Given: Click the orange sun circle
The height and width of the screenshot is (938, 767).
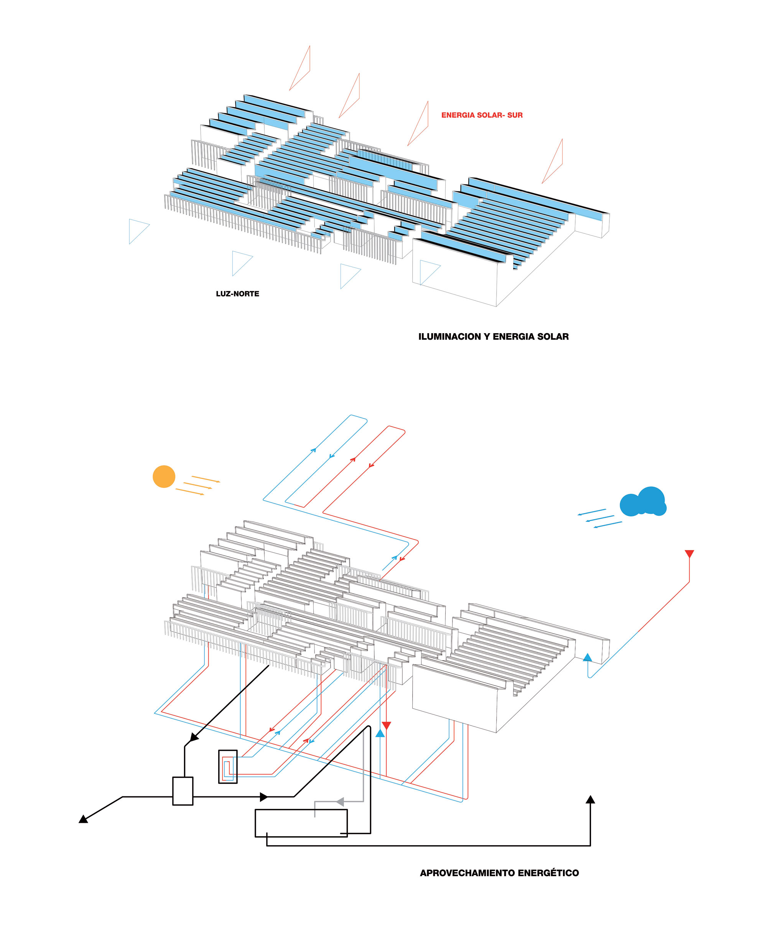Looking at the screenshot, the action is pos(164,477).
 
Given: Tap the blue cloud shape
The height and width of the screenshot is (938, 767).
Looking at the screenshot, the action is pos(643,502).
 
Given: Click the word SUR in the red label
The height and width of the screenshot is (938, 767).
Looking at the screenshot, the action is pos(515,116).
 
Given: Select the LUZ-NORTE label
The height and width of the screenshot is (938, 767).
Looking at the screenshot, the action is pos(237,294).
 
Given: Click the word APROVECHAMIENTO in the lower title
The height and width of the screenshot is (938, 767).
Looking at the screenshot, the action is pos(467,873).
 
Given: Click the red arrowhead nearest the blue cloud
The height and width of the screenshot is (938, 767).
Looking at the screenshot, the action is pos(689,554).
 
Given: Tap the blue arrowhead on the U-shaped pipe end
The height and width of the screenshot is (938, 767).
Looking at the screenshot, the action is pos(587,657).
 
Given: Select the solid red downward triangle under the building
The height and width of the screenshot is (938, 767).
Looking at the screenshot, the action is pos(386,725).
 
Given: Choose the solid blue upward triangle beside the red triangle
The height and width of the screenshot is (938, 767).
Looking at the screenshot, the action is pos(380,733).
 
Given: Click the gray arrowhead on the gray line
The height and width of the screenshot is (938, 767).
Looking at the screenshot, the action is pos(340,801).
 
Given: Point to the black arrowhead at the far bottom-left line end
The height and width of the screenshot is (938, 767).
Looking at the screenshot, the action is pos(83,819).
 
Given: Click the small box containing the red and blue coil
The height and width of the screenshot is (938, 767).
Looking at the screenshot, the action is pos(228,766).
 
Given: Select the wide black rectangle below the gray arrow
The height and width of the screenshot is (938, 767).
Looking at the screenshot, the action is pos(301,823).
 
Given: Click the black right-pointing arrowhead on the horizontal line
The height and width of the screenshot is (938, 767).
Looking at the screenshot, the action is pos(264,797).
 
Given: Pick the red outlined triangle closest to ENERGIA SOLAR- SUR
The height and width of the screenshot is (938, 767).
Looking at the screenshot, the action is pos(418,123).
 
